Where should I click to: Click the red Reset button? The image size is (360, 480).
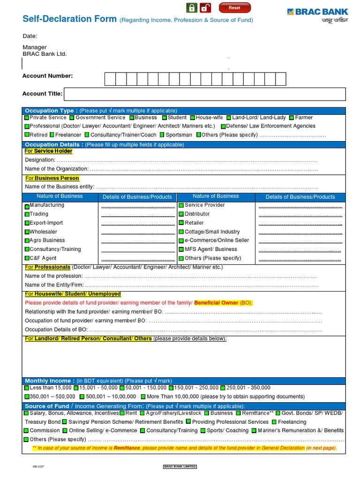[234, 7]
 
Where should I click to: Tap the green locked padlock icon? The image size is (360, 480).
[191, 7]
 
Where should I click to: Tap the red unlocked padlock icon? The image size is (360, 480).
[205, 7]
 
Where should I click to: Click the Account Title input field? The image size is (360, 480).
[205, 94]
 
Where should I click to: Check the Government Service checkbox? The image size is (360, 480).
[72, 118]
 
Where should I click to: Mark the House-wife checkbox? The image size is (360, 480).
[193, 118]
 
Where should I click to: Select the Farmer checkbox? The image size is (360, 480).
[292, 118]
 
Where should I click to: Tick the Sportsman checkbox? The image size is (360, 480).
[162, 135]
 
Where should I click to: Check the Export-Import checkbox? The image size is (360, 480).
[27, 223]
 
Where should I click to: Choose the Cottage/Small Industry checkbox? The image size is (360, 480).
[181, 232]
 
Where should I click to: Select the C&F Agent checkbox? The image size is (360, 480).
[27, 258]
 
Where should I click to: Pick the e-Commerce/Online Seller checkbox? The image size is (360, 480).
[181, 240]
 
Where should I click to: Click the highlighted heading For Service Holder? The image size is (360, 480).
[49, 151]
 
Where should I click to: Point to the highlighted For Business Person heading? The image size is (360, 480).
[52, 178]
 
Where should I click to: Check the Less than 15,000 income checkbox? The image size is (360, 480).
[27, 388]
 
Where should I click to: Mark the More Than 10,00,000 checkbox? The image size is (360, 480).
[143, 397]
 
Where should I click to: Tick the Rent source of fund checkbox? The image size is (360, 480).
[122, 413]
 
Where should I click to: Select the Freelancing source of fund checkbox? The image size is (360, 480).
[274, 422]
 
